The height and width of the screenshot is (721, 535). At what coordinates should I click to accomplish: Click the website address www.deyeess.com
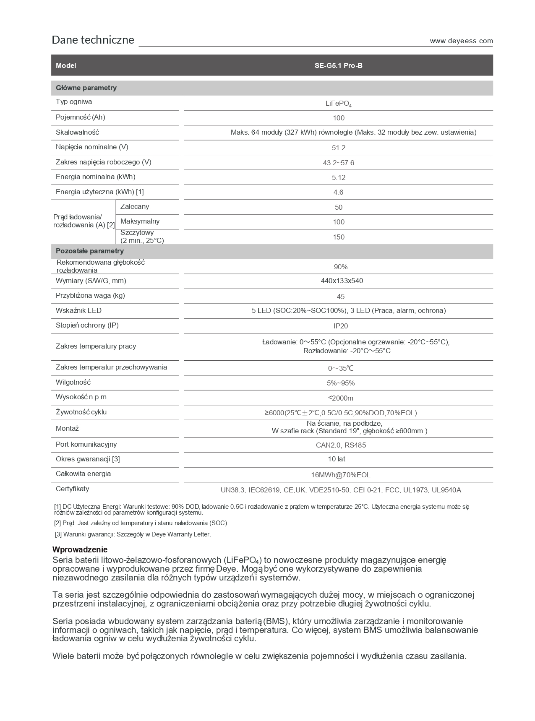[461, 41]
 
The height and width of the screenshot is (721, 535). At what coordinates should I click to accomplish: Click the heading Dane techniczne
[93, 40]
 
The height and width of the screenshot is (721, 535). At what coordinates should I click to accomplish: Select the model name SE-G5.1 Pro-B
[338, 66]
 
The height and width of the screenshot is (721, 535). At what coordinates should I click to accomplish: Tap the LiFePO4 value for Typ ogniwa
[338, 103]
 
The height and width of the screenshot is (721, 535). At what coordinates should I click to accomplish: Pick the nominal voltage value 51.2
[338, 148]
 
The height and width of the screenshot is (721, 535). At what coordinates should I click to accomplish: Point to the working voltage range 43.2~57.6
[338, 163]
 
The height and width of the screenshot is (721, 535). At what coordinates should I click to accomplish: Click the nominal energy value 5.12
[338, 177]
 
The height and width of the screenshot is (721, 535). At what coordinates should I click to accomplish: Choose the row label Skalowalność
[77, 133]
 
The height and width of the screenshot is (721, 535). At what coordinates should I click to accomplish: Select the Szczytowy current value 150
[338, 237]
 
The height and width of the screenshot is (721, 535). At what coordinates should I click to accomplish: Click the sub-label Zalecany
[134, 207]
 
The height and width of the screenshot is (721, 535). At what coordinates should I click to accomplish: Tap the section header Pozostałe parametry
[90, 251]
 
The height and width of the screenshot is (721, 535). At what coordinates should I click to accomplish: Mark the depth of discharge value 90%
[340, 267]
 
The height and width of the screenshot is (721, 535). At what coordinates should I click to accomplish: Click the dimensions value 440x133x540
[342, 281]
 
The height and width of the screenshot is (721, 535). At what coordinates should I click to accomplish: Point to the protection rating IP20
[340, 326]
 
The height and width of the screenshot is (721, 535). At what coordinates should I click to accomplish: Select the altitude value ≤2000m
[340, 398]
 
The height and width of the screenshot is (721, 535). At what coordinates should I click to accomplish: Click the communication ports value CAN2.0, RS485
[340, 445]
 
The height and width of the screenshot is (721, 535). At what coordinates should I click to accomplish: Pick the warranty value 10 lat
[337, 459]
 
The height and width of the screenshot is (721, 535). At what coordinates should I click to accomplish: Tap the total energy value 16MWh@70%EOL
[340, 475]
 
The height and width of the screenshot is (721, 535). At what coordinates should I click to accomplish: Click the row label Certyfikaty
[72, 489]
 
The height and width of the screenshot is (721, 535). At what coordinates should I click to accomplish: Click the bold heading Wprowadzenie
[80, 549]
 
